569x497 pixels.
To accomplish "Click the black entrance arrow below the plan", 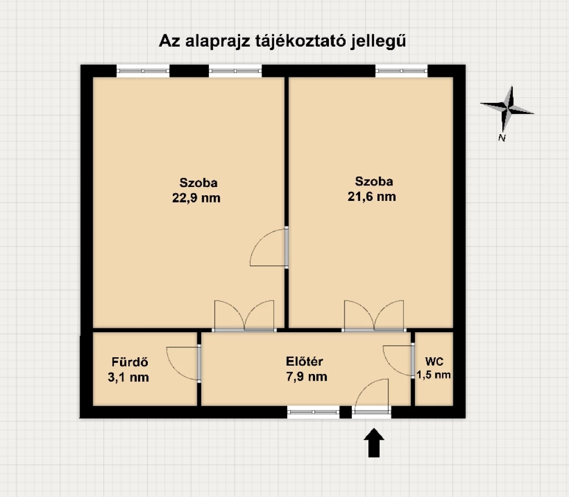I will (374, 442).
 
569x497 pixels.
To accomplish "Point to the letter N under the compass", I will (502, 138).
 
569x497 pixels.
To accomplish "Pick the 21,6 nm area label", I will (375, 196).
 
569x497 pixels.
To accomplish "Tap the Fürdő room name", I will (129, 362).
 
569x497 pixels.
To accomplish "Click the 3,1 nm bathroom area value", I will (129, 377).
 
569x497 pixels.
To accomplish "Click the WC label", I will (434, 361).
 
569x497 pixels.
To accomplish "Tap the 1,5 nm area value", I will (434, 375).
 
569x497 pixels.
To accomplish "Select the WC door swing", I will (398, 360).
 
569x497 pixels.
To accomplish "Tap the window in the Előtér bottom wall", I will (313, 412).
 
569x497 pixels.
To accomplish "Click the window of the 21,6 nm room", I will (401, 71).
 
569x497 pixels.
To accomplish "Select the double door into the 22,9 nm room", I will (244, 317).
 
